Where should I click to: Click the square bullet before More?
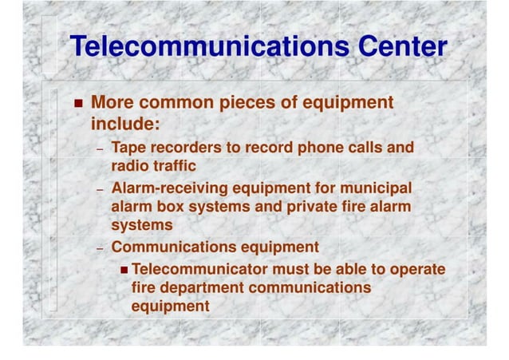pyautogui.click(x=77, y=105)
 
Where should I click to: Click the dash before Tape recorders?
pyautogui.click(x=100, y=150)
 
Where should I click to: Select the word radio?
pyautogui.click(x=128, y=166)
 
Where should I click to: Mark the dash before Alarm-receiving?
pyautogui.click(x=100, y=191)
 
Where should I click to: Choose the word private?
pyautogui.click(x=299, y=208)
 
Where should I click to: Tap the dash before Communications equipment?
pyautogui.click(x=100, y=249)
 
